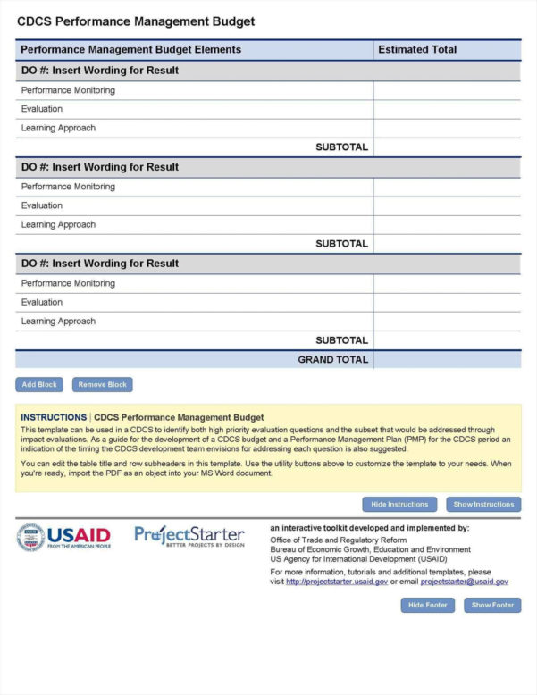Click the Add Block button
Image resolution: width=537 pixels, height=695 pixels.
39,385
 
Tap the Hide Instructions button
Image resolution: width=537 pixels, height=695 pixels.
399,504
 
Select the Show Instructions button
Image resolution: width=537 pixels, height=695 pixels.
483,504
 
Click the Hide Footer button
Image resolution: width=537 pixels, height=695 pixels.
428,605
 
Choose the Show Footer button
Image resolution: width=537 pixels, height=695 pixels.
491,605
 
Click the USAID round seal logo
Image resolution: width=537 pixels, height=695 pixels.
30,537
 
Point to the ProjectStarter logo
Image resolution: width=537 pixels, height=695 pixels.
189,536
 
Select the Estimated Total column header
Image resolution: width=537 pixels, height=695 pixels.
417,50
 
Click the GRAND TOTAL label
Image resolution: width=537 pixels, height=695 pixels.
332,359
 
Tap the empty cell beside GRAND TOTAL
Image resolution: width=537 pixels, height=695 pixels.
447,359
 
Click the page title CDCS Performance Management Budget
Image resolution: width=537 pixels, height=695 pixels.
136,21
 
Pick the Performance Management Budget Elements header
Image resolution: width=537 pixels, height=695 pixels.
130,50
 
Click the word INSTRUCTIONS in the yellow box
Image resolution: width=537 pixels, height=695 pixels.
54,417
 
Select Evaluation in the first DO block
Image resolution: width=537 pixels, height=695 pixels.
42,109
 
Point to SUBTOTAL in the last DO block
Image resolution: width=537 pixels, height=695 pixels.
341,340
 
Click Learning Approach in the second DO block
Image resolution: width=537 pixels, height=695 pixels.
58,224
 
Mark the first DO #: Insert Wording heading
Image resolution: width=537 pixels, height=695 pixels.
99,71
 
